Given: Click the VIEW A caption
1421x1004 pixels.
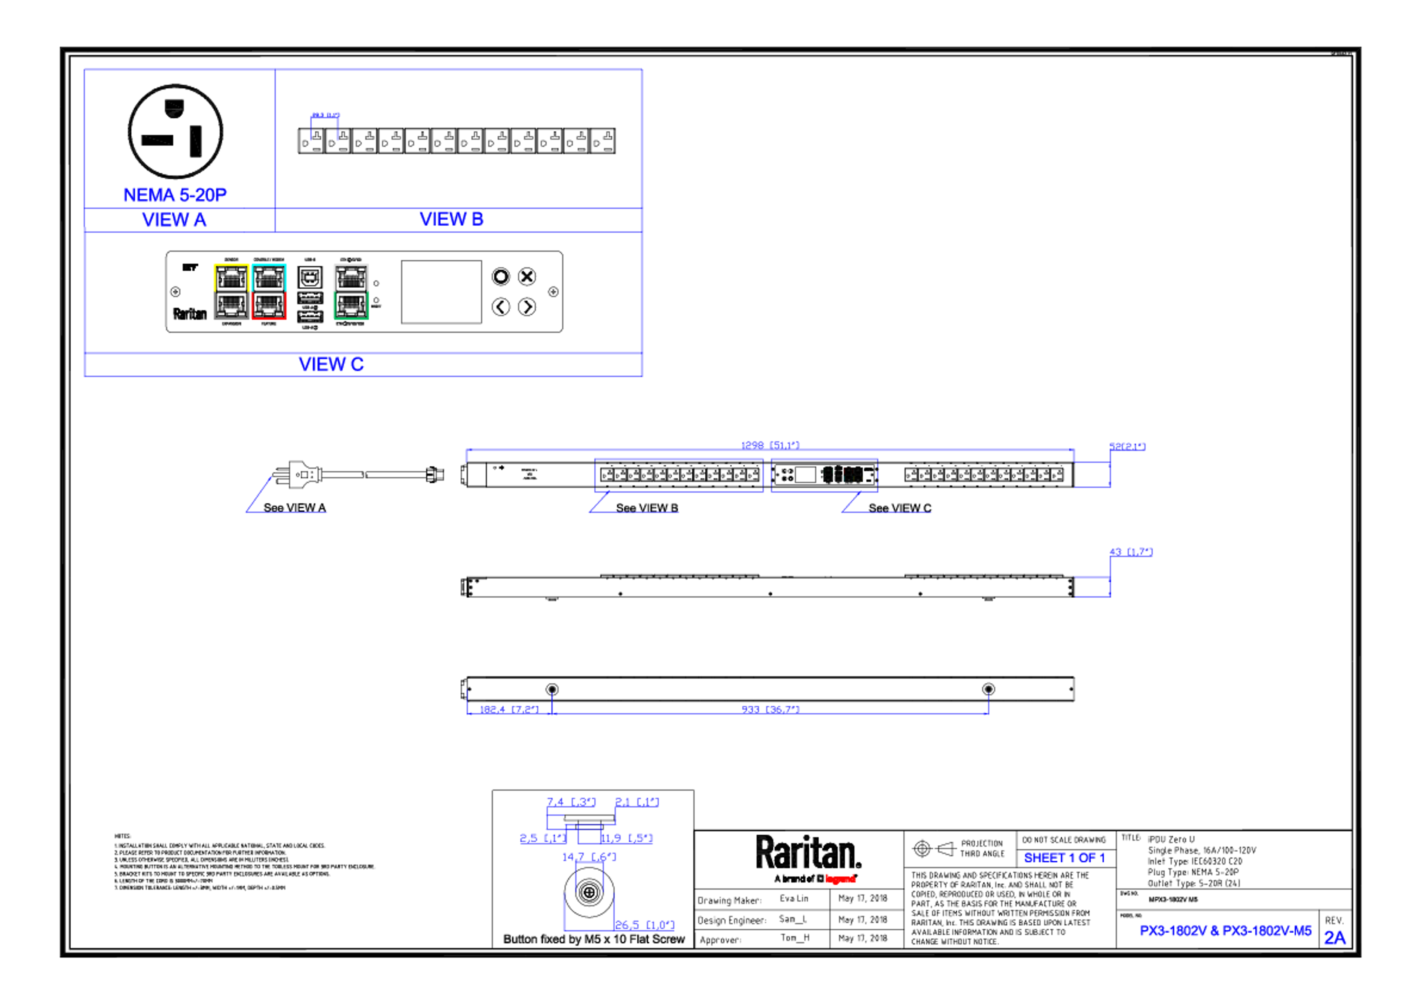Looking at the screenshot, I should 175,220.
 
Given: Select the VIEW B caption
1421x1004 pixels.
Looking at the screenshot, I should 451,219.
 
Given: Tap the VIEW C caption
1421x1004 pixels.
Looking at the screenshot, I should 332,364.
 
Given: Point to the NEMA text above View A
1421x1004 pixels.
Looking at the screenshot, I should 175,195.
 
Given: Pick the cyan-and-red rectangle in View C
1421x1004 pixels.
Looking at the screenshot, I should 270,291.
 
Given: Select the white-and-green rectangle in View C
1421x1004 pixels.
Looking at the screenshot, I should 351,291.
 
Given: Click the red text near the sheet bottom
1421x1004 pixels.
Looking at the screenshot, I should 840,878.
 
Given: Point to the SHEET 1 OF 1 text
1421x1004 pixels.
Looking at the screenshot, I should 1063,858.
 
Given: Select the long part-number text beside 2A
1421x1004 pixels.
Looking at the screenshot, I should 1225,931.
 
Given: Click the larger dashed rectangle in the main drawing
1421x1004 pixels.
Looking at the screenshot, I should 679,475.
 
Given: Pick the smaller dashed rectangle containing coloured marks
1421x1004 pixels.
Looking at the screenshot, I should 824,475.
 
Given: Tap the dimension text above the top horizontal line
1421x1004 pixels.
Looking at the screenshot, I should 770,443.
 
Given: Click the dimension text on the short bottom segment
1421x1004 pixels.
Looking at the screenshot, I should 509,708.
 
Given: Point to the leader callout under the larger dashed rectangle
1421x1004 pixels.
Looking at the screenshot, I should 632,504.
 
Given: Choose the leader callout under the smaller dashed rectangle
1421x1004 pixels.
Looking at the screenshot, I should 886,504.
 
